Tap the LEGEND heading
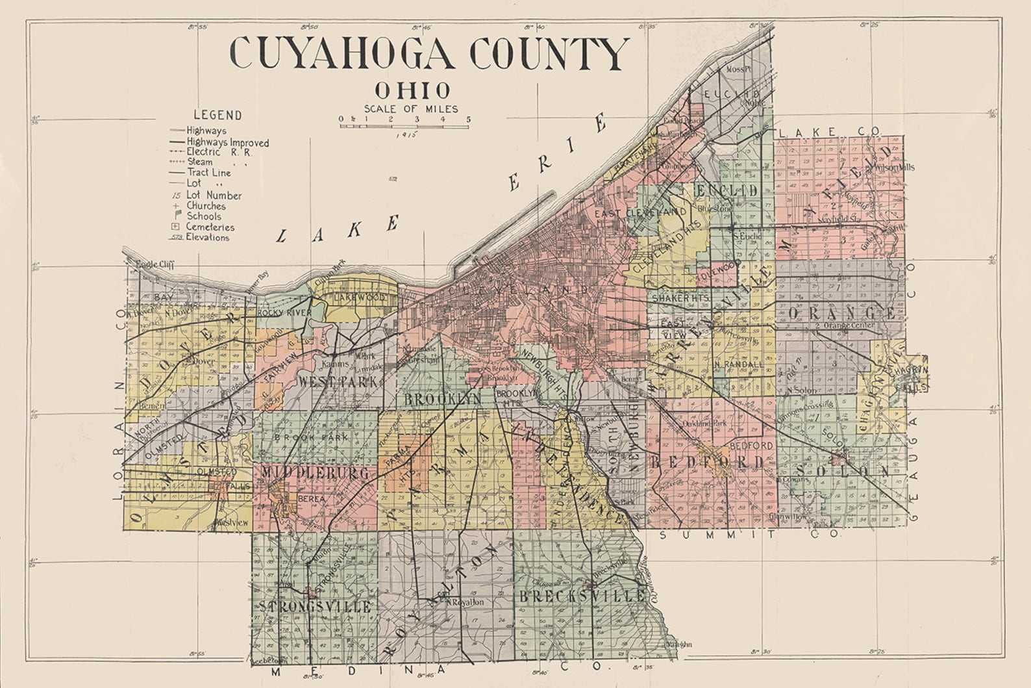[x=217, y=115]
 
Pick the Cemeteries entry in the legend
[x=209, y=227]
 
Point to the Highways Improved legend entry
[x=227, y=142]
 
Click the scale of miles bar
[x=404, y=125]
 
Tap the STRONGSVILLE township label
[x=316, y=607]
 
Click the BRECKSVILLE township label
[x=572, y=596]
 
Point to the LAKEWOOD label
[x=360, y=297]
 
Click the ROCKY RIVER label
[x=284, y=312]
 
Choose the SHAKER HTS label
[x=676, y=298]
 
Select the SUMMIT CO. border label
[x=750, y=535]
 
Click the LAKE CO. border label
[x=829, y=132]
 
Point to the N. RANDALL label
[x=738, y=364]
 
